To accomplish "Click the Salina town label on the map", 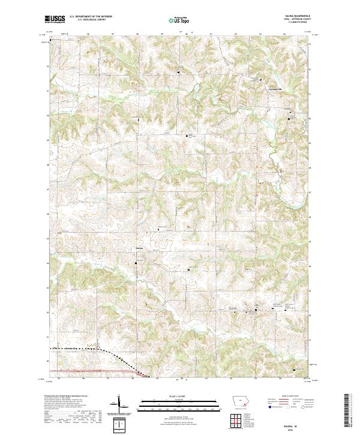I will click(x=140, y=248).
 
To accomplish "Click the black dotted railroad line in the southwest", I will click(x=78, y=349).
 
